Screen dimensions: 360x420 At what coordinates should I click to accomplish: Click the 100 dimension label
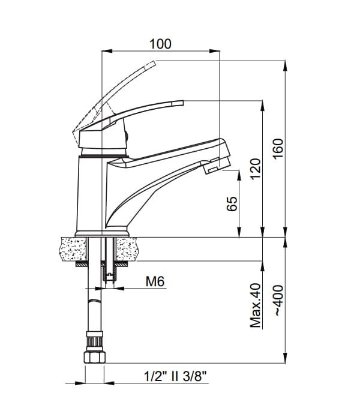tap(160, 44)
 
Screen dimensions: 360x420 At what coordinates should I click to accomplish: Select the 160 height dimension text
tap(278, 149)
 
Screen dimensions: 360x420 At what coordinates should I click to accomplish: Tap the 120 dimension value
tap(256, 169)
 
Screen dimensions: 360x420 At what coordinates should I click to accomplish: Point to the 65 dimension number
tap(232, 204)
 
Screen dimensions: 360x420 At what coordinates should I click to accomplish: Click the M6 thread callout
tap(155, 281)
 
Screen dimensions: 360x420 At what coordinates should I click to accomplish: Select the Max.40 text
tap(256, 305)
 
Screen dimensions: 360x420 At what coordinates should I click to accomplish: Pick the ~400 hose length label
tap(278, 301)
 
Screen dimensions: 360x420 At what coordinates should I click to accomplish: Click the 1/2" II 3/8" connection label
tap(175, 376)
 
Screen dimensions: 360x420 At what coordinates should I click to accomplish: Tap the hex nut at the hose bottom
tap(95, 358)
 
